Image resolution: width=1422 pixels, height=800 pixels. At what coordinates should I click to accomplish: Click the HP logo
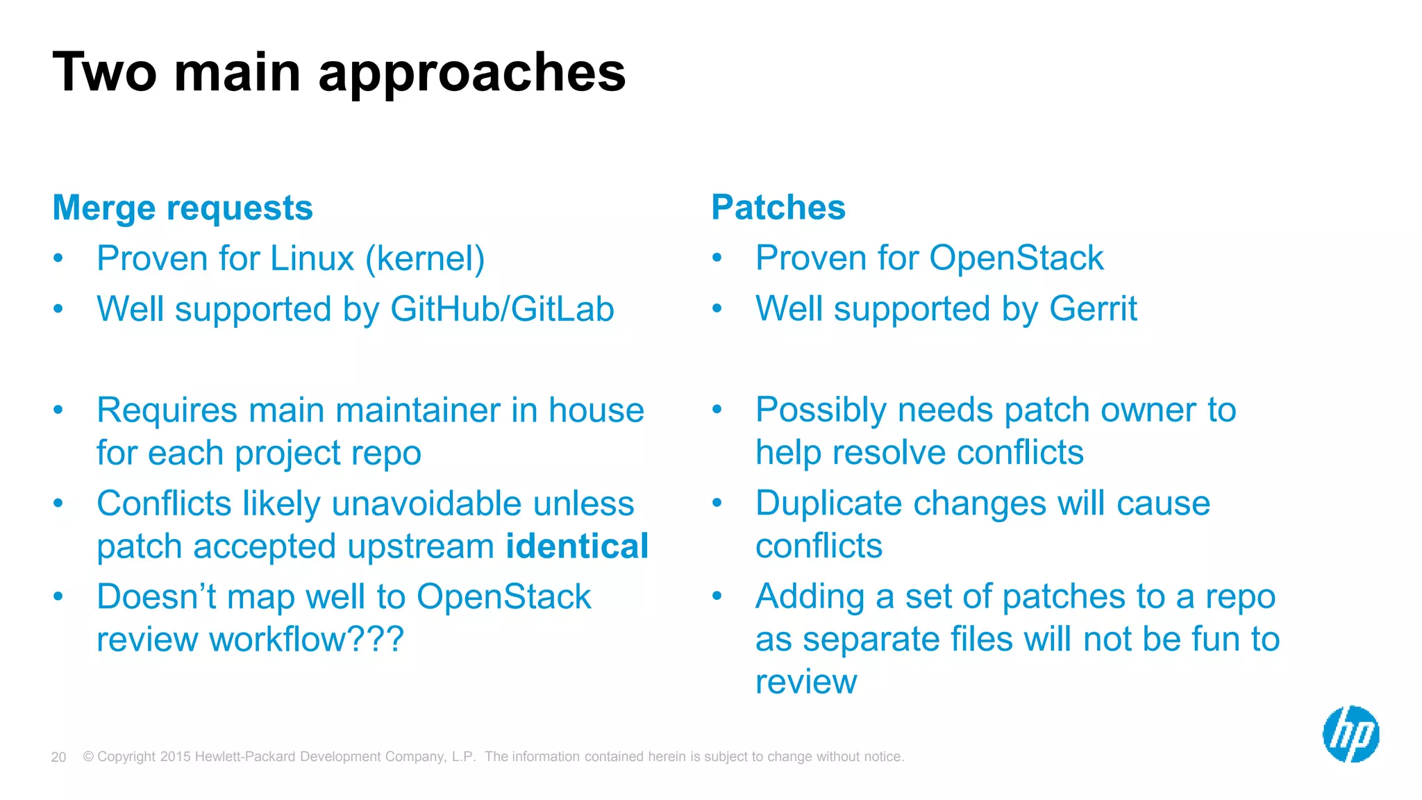[1350, 734]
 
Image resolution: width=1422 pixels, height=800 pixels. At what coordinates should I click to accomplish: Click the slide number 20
[58, 757]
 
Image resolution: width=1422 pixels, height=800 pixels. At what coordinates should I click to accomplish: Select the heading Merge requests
[183, 208]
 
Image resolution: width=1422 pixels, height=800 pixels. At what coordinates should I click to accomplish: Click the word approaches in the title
[472, 73]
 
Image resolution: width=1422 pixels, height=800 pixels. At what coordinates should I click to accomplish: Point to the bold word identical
[577, 546]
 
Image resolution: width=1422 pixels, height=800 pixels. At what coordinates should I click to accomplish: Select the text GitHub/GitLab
[502, 309]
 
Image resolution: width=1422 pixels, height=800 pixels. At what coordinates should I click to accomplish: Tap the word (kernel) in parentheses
[425, 258]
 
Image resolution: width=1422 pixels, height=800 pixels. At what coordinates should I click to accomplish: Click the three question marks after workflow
[375, 639]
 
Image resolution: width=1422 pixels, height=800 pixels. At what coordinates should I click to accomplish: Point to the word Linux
[312, 258]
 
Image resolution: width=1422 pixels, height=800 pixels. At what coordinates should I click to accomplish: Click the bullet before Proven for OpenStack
[717, 258]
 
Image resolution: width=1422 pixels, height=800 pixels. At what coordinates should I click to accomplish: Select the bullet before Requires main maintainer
[58, 410]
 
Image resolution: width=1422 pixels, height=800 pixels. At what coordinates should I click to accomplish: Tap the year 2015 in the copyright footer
[175, 756]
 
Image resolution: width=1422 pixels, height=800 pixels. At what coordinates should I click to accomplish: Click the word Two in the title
[105, 73]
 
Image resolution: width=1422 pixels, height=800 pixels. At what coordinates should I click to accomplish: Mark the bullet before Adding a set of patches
[717, 596]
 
